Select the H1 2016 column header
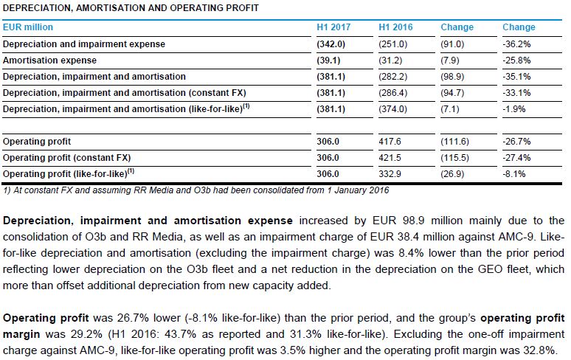396,27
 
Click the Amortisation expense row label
49,60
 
